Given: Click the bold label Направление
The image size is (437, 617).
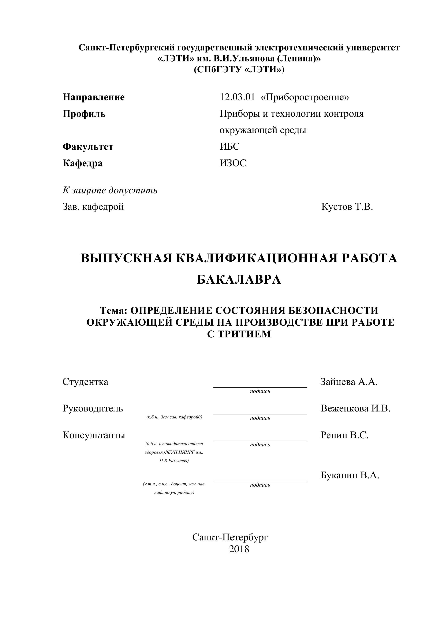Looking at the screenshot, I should (x=94, y=97).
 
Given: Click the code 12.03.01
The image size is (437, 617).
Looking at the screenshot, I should (x=237, y=97).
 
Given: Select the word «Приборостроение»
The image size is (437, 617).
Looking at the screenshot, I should (x=305, y=97).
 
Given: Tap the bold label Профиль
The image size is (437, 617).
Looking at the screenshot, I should (x=84, y=114).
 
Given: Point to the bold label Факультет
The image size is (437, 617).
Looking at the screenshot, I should (x=88, y=147).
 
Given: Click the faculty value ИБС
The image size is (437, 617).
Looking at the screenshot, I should (x=229, y=146).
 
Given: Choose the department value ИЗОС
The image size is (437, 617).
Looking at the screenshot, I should (x=233, y=163).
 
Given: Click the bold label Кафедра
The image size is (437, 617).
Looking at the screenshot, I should (x=83, y=163).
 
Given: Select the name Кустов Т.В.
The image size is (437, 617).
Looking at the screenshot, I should (x=347, y=207).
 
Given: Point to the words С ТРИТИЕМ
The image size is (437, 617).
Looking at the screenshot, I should (x=239, y=334).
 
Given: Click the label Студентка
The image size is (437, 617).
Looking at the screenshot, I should (x=85, y=382).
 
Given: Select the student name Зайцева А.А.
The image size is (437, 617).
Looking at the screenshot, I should (x=349, y=382).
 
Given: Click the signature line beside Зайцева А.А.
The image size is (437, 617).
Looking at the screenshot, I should (x=260, y=387).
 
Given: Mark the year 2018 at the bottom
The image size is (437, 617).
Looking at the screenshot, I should (x=239, y=549).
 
